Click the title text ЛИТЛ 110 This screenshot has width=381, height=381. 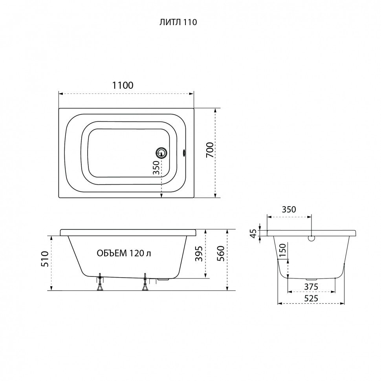(178, 22)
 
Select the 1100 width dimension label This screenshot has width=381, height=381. (123, 85)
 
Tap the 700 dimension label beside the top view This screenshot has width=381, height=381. (210, 150)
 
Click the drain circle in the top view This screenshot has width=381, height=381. (161, 153)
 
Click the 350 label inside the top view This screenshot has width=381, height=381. (156, 168)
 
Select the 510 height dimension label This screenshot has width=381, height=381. (45, 259)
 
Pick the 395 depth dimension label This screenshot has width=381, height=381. (199, 254)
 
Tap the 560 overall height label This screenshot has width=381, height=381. (221, 254)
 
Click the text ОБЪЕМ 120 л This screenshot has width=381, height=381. (124, 253)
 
